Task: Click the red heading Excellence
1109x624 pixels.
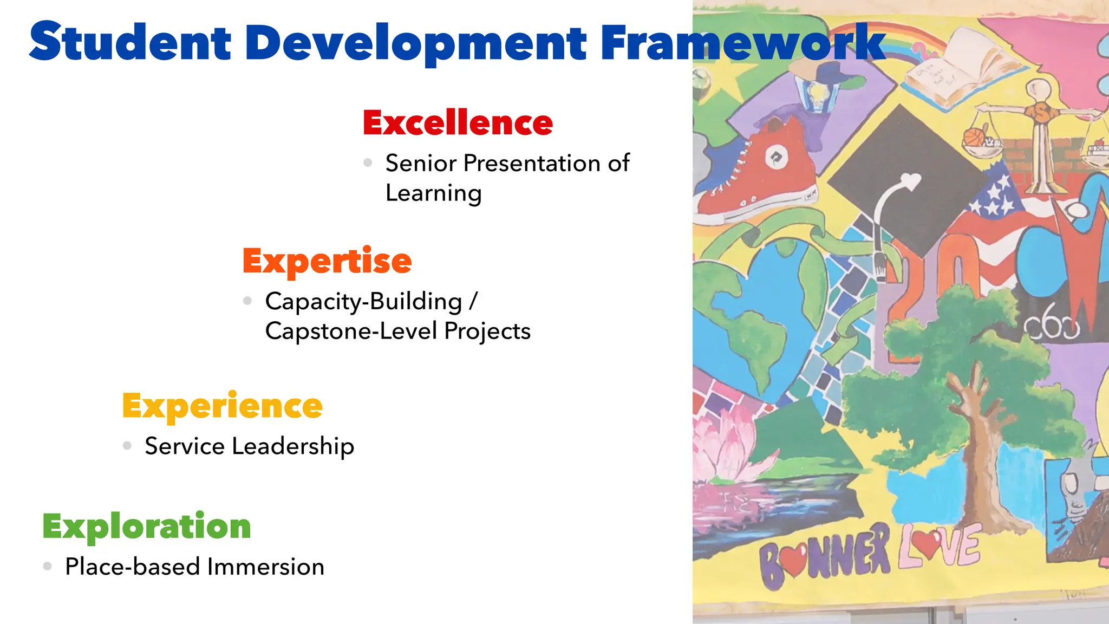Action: (x=458, y=122)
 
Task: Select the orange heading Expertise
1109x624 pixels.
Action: (x=327, y=261)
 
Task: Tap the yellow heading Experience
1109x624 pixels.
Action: (x=222, y=406)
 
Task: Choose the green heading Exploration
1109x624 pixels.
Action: (x=146, y=526)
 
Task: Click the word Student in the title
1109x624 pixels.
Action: (x=130, y=42)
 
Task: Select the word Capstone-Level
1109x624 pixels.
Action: (x=350, y=331)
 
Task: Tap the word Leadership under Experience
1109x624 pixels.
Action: (x=293, y=446)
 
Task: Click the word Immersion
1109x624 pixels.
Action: (x=265, y=567)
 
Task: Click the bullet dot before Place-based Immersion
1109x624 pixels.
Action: (x=48, y=567)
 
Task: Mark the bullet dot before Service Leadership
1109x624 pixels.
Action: (x=127, y=446)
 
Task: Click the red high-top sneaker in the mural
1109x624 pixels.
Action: (x=758, y=173)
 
